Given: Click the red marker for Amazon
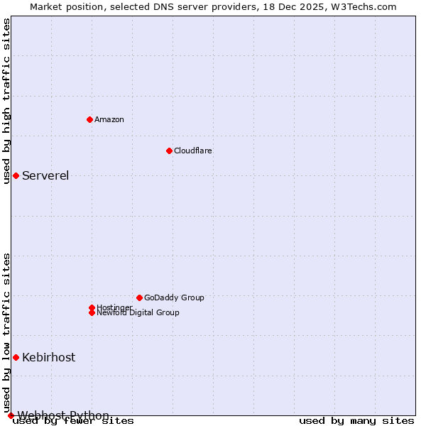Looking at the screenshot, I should point(89,119).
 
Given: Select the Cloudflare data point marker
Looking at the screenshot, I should point(169,151).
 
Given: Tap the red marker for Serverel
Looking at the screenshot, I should point(16,175).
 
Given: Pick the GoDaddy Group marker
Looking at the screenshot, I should point(139,297).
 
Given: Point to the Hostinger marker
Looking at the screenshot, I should point(92,307).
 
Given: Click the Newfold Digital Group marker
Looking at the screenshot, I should point(92,312).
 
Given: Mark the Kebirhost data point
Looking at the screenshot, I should point(16,357).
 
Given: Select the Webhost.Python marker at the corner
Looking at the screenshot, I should point(11,415).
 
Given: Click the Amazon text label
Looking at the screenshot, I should point(109,119).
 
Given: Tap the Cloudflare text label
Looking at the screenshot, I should point(193,151).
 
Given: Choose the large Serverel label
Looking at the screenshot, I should point(45,176).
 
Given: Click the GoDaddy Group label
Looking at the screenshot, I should point(174,297).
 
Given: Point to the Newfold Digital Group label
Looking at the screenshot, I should point(138,313).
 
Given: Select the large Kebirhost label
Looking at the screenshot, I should point(48,358).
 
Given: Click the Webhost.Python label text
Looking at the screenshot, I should point(63,415).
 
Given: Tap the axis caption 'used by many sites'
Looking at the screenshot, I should point(356,421).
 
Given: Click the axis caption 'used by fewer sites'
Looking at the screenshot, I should point(74,421).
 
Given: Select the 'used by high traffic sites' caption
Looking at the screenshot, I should point(7,101).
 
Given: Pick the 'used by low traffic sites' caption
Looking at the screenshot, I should point(7,332).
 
